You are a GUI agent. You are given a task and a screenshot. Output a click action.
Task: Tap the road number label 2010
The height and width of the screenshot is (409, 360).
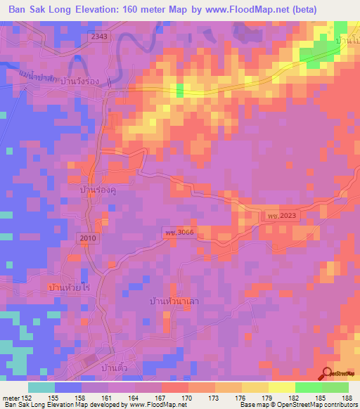88,238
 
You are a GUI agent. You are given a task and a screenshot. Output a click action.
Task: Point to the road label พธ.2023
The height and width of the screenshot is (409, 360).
283,216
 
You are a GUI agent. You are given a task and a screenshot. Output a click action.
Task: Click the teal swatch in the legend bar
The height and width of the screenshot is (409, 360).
41,387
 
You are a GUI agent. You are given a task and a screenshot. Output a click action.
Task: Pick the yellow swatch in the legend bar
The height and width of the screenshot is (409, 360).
282,387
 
